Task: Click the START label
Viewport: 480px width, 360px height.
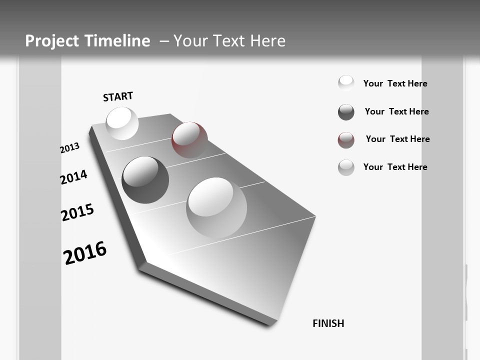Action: click(x=118, y=96)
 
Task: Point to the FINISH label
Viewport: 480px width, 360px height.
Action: click(x=328, y=323)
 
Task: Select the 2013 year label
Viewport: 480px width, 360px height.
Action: click(x=69, y=148)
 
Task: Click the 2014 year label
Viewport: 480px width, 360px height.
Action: click(x=73, y=177)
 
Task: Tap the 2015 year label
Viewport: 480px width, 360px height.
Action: click(x=77, y=212)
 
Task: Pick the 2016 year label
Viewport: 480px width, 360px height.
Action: click(x=85, y=252)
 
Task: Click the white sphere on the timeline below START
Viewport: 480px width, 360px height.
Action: click(x=122, y=123)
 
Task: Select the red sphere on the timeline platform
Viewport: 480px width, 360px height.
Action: click(x=189, y=139)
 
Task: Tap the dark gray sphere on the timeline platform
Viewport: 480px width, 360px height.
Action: click(x=145, y=179)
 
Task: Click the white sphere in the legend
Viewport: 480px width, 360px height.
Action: click(x=346, y=83)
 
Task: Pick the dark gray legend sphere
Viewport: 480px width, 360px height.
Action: click(x=346, y=112)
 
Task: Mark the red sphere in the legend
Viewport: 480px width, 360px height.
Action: click(x=346, y=140)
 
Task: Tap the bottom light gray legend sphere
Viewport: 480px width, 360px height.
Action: click(x=346, y=167)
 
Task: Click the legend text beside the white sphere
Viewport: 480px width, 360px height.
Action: click(x=395, y=83)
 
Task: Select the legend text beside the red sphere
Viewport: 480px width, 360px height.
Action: click(x=397, y=139)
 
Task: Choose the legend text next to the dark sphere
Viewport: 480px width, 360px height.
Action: click(x=396, y=111)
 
